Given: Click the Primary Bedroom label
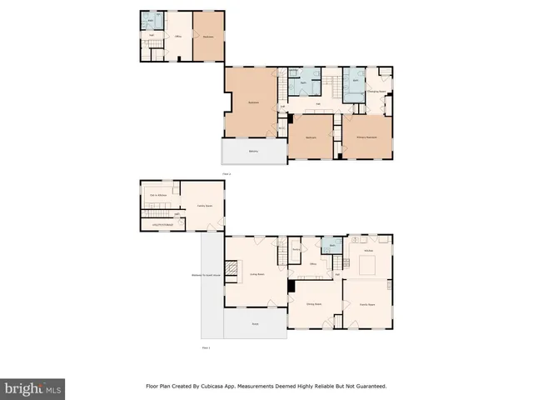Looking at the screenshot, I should [366, 137].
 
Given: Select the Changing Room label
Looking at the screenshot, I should [376, 91].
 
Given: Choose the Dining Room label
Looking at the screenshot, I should [314, 304].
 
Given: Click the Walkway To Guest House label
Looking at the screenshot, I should [207, 274].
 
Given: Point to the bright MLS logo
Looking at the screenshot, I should [33, 388].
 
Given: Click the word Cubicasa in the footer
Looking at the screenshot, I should [219, 386].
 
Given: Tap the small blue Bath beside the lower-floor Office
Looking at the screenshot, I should [331, 246].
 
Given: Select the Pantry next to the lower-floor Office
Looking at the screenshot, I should [296, 249].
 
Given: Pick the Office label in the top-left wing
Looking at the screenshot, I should [177, 37].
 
